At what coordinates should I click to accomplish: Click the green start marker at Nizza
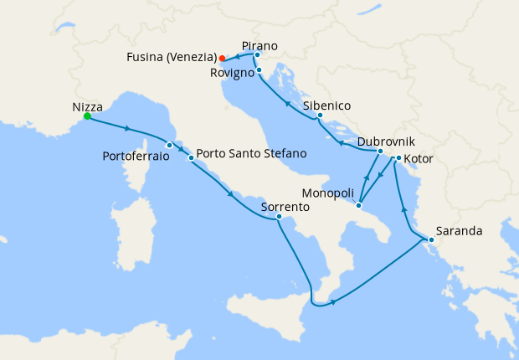pyautogui.click(x=87, y=118)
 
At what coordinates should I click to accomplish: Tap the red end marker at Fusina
pyautogui.click(x=221, y=59)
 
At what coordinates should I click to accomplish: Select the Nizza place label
pyautogui.click(x=88, y=106)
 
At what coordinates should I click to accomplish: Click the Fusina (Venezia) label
pyautogui.click(x=171, y=58)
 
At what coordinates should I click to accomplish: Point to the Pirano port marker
pyautogui.click(x=257, y=55)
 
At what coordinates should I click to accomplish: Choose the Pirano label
pyautogui.click(x=259, y=45)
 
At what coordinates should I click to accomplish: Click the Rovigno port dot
pyautogui.click(x=259, y=70)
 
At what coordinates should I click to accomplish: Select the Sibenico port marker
pyautogui.click(x=320, y=116)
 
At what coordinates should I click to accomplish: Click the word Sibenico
pyautogui.click(x=326, y=105)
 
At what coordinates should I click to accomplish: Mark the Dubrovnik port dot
pyautogui.click(x=380, y=152)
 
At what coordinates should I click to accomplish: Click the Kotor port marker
pyautogui.click(x=398, y=158)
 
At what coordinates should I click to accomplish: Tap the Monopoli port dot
pyautogui.click(x=358, y=205)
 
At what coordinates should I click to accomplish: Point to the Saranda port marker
pyautogui.click(x=431, y=241)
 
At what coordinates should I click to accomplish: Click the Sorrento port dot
pyautogui.click(x=279, y=218)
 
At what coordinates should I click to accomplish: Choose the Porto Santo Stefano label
pyautogui.click(x=251, y=155)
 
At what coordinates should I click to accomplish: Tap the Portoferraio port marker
pyautogui.click(x=169, y=145)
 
